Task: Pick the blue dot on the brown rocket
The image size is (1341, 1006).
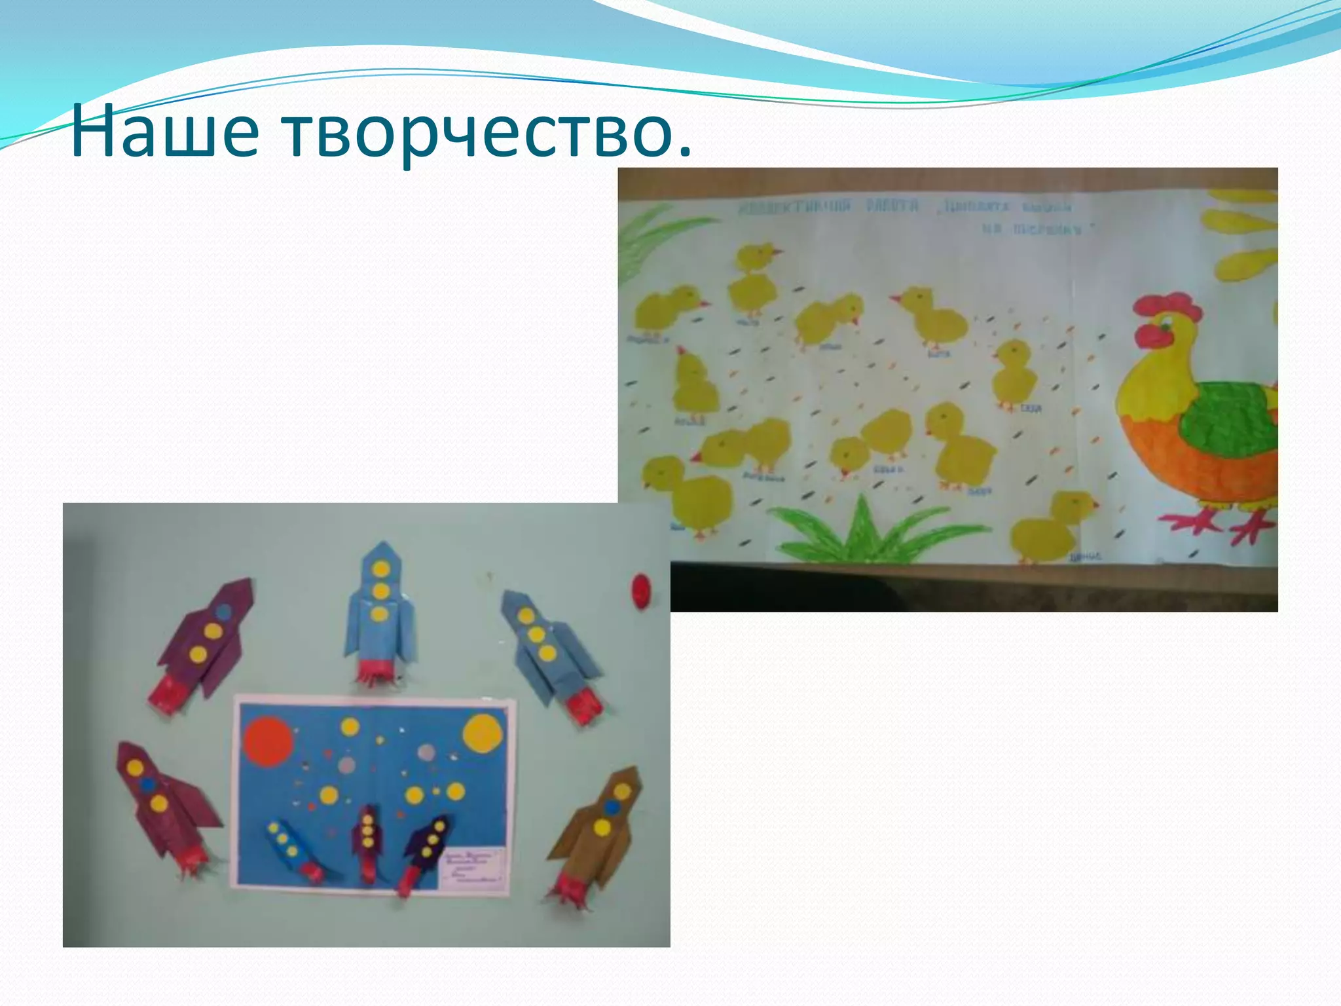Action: pos(612,806)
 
